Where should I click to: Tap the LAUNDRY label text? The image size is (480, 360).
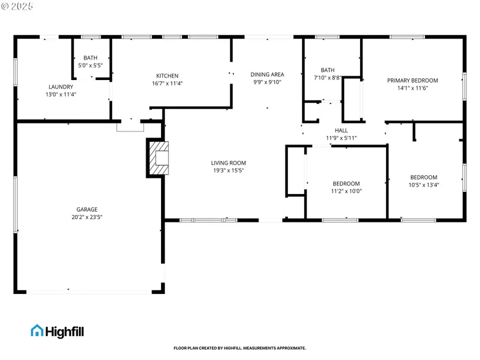pos(61,87)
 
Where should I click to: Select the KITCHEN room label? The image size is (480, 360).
pos(167,76)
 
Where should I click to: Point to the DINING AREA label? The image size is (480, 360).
pos(267,75)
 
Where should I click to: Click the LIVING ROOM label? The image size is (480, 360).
pos(228,163)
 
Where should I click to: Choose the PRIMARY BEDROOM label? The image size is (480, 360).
pos(412,81)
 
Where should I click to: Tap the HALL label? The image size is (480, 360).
pos(341,131)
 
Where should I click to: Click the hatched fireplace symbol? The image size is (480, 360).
pos(158,158)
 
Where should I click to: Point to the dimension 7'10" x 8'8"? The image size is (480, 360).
pos(327,77)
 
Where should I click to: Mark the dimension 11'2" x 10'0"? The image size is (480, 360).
pos(346,191)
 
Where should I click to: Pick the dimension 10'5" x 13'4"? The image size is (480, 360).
pos(423,185)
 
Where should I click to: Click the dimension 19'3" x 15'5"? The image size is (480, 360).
pos(228,171)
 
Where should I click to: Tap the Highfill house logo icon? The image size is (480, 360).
pos(37,331)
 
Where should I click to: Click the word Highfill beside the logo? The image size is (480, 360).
pos(65,331)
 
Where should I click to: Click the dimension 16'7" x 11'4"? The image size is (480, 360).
pos(167,83)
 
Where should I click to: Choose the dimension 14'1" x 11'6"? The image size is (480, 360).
pos(412,88)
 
